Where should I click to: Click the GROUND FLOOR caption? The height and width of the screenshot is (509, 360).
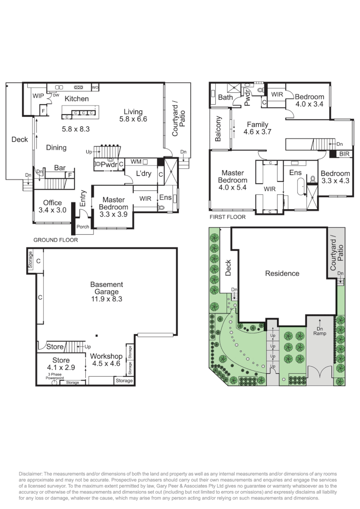(x=56, y=240)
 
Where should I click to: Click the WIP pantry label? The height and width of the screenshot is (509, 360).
(x=38, y=96)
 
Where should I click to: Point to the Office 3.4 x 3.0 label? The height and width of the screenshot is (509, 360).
(x=52, y=206)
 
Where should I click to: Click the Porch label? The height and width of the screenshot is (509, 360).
(x=83, y=226)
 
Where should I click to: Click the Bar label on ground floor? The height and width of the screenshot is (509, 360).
(x=59, y=168)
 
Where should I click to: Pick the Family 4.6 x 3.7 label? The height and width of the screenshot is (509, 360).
(x=257, y=128)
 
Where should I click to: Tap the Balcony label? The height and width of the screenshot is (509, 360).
(x=219, y=129)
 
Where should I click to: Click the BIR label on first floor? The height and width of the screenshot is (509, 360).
(x=344, y=154)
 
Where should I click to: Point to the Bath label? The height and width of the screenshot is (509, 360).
(x=225, y=98)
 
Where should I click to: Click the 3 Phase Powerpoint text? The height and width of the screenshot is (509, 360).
(x=55, y=376)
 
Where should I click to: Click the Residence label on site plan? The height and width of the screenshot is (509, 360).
(x=282, y=273)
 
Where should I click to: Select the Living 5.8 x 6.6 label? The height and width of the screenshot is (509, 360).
(x=133, y=115)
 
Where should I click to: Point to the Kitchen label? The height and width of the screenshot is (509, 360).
(x=76, y=99)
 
